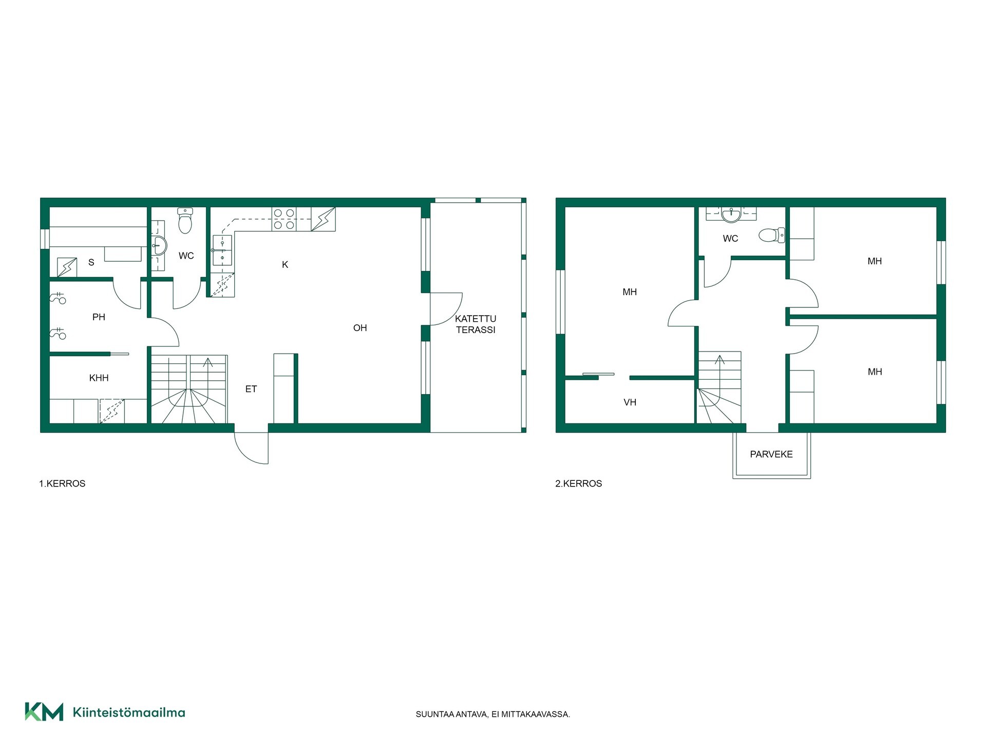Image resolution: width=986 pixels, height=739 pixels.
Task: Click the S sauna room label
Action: [x=91, y=263]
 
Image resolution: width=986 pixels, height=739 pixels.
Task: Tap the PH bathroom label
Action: [x=99, y=317]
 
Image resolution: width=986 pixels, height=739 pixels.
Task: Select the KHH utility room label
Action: [x=99, y=378]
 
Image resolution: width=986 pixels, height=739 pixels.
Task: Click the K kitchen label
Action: [x=285, y=265]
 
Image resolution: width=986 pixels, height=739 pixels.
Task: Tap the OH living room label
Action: [x=360, y=328]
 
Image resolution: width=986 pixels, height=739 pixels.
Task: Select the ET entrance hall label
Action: [x=251, y=389]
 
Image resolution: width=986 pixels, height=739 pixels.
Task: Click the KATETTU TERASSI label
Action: [x=476, y=324]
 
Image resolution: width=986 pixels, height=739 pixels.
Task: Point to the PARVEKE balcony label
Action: [x=771, y=454]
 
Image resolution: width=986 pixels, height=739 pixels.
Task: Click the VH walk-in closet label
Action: [x=630, y=402]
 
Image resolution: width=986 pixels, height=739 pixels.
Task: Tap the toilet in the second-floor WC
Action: [x=772, y=235]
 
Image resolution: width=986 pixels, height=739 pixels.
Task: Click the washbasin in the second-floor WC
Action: [x=731, y=215]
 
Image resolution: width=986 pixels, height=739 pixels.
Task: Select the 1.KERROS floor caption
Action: [x=62, y=483]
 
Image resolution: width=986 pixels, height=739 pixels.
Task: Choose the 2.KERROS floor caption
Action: [x=578, y=483]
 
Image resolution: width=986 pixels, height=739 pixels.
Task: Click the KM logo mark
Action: [x=44, y=712]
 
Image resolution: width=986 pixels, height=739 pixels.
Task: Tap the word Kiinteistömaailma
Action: [x=129, y=712]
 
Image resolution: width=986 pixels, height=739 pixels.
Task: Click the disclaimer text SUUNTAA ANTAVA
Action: [x=451, y=714]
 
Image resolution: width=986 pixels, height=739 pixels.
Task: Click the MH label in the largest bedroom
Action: [x=630, y=292]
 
